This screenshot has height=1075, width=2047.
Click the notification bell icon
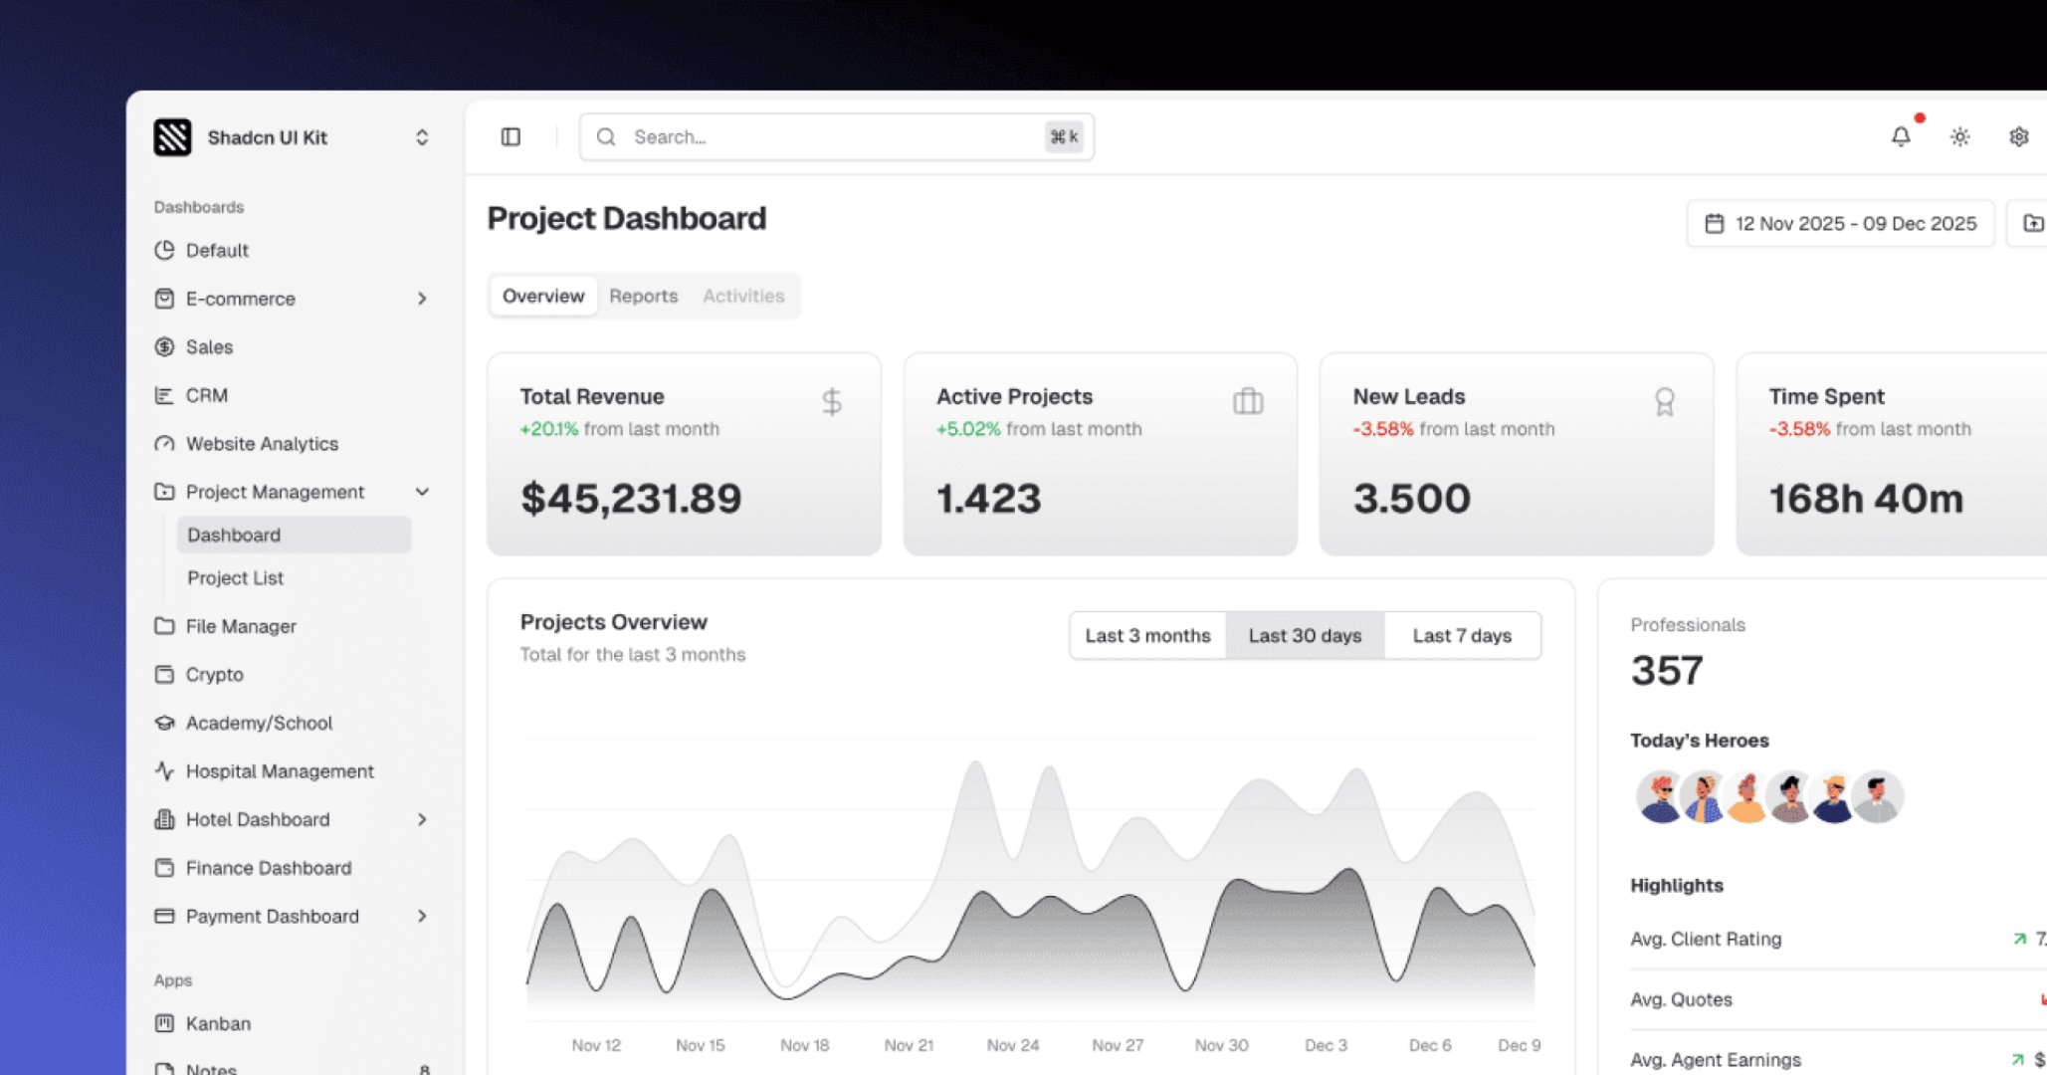tap(1900, 136)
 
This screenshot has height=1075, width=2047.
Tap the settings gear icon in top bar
tap(2018, 136)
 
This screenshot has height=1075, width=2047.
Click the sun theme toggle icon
tap(1959, 136)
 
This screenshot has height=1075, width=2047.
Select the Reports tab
tap(643, 296)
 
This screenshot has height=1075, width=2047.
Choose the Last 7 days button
tap(1461, 635)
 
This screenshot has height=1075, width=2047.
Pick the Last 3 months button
tap(1147, 635)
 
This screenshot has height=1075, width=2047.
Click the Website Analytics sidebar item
tap(262, 444)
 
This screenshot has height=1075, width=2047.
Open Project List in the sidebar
tap(235, 578)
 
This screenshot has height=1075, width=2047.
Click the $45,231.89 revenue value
tap(631, 498)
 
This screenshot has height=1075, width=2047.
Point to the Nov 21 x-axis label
tap(909, 1045)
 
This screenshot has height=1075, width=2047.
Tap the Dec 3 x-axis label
tap(1326, 1045)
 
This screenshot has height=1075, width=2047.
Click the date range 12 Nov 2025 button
tap(1840, 223)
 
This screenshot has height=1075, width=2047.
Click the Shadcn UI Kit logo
tap(172, 137)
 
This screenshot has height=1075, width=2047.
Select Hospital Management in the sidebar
tap(280, 771)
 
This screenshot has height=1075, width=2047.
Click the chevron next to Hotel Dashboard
tap(422, 819)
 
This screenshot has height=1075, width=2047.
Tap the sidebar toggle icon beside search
tap(511, 136)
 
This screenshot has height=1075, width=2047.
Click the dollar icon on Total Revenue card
tap(832, 402)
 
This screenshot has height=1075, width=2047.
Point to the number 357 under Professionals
tap(1666, 670)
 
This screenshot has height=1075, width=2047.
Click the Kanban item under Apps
tap(218, 1023)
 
